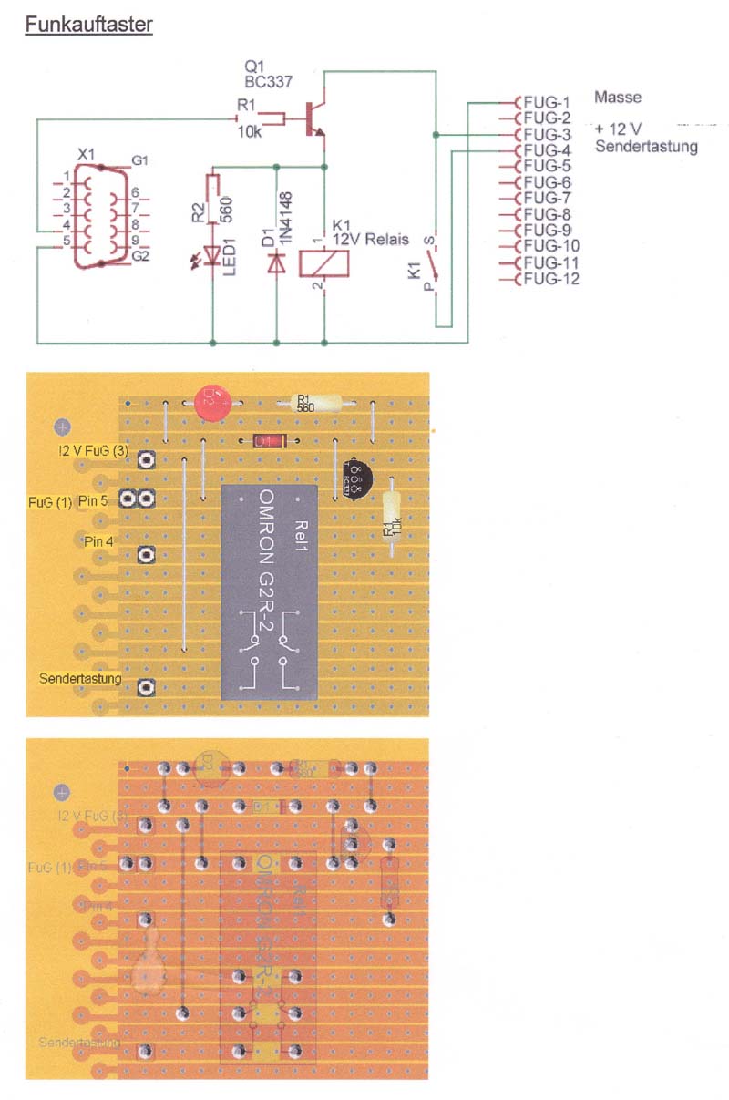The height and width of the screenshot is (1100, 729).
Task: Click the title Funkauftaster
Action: pos(88,25)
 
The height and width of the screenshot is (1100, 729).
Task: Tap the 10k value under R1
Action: pos(250,133)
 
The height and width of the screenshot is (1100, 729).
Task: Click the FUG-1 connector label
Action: pos(547,101)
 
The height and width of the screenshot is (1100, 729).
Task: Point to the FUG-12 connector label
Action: pos(550,279)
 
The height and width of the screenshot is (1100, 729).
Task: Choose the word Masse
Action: pos(618,97)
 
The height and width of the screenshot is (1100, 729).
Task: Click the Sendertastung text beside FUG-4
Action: pos(646,147)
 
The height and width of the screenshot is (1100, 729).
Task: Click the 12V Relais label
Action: pos(370,239)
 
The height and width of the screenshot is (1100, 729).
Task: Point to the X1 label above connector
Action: pos(85,156)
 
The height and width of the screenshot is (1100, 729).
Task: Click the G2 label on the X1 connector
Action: pos(140,258)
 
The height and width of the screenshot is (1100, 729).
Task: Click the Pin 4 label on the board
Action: pos(98,540)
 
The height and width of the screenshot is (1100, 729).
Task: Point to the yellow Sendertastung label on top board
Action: pos(81,678)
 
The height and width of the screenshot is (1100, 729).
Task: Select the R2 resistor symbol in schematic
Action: pos(212,199)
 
